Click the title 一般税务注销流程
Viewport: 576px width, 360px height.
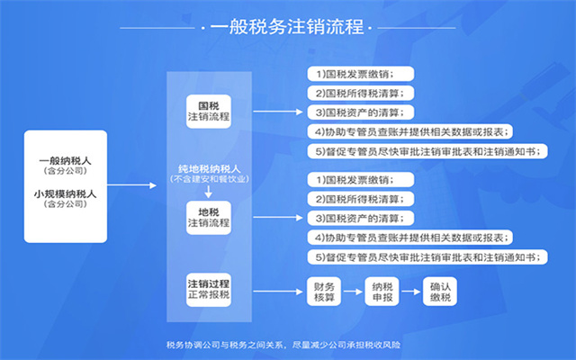[x=287, y=27]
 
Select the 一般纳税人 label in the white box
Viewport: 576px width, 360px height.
[x=66, y=161]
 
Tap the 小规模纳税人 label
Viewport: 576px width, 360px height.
[x=66, y=193]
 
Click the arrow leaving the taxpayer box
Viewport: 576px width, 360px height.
[x=132, y=185]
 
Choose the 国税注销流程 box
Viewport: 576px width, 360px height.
[x=209, y=112]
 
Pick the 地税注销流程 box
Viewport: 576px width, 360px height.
[x=209, y=218]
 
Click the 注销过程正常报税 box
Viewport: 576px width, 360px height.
[x=209, y=290]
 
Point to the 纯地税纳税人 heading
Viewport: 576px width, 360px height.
[x=209, y=168]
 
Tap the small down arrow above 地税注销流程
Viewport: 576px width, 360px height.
[x=208, y=192]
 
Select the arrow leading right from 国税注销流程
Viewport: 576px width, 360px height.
[x=278, y=112]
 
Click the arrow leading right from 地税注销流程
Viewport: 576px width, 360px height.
[x=278, y=218]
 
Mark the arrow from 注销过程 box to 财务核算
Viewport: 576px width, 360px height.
[x=278, y=292]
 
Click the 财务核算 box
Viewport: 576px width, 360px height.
[x=324, y=292]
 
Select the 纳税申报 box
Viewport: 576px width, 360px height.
[x=382, y=292]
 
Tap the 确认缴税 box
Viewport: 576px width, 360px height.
[x=440, y=292]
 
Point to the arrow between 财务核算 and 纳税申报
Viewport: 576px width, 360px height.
[x=353, y=292]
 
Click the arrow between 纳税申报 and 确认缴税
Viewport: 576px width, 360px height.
[x=411, y=292]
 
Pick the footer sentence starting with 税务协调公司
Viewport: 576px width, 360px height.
[x=283, y=345]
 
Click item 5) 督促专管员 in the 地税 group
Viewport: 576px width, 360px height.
[x=427, y=257]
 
